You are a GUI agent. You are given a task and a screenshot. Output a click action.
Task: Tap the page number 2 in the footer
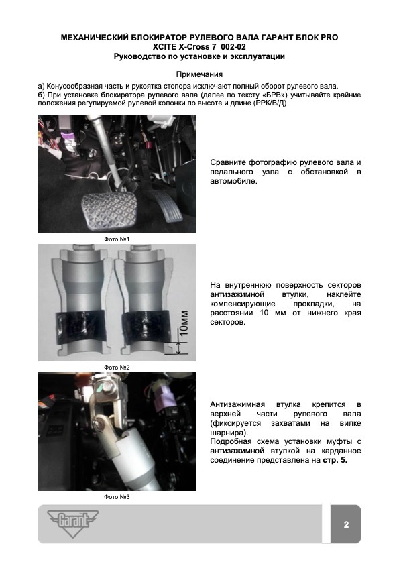(346, 524)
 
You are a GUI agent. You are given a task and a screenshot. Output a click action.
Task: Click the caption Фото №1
(117, 239)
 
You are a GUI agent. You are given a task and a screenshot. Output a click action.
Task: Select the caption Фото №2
(117, 368)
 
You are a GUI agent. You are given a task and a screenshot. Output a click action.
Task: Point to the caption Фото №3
(117, 497)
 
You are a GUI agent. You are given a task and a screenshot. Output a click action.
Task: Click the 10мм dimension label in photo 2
(184, 323)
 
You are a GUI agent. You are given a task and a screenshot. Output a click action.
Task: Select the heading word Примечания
(199, 74)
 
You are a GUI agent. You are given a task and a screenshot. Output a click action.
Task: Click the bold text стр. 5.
(335, 460)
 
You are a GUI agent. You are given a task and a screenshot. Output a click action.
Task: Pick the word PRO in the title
(329, 38)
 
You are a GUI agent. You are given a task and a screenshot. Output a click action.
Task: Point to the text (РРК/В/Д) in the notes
(270, 103)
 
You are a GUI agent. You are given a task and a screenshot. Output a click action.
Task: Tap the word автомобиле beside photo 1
(234, 181)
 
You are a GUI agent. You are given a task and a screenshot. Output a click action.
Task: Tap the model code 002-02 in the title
(233, 47)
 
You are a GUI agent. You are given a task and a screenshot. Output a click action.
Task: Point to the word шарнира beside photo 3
(227, 433)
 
